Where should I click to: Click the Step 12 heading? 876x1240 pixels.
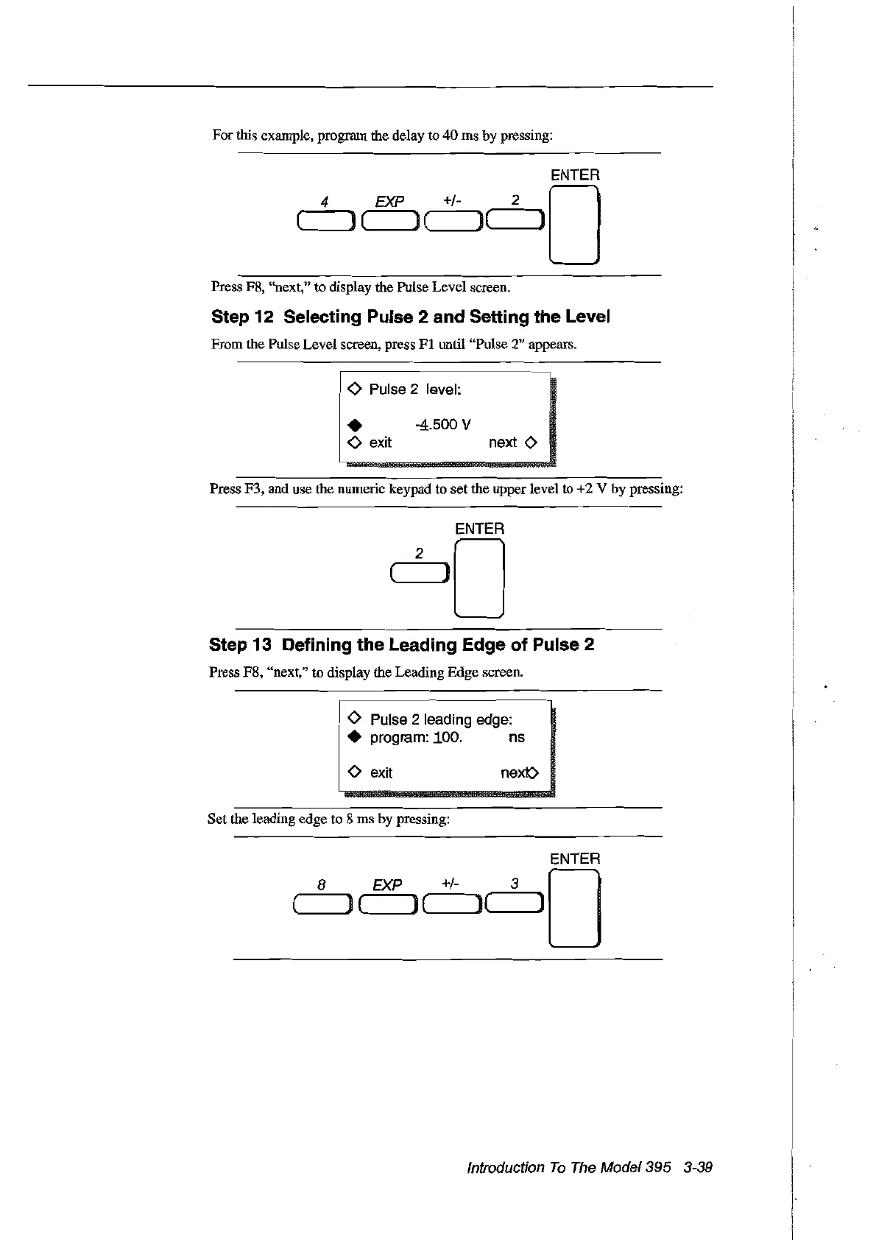click(x=411, y=317)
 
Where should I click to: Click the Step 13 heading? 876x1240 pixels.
click(x=401, y=645)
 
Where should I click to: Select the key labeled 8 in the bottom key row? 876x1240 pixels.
click(x=321, y=903)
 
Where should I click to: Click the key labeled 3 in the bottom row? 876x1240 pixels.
click(x=516, y=903)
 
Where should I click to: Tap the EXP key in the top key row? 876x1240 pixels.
click(x=391, y=219)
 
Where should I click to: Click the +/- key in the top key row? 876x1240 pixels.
click(x=453, y=219)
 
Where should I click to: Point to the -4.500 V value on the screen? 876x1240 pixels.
click(x=442, y=425)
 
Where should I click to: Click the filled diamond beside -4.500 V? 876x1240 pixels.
click(x=355, y=426)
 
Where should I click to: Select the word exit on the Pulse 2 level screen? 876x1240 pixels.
click(x=380, y=443)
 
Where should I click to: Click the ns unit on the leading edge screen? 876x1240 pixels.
click(x=517, y=738)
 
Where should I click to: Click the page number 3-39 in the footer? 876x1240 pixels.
click(x=698, y=1168)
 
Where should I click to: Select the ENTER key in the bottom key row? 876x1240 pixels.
click(x=574, y=908)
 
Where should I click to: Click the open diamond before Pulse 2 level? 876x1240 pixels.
click(x=354, y=389)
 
